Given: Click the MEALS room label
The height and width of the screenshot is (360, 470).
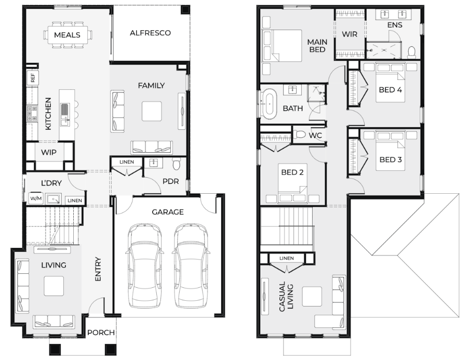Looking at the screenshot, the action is point(67,35).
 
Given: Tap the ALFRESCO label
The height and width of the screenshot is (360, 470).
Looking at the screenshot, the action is point(150,33).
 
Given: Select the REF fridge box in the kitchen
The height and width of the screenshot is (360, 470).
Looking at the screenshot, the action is point(32,78).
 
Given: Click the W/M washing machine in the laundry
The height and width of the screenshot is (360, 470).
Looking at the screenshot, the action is point(36,198).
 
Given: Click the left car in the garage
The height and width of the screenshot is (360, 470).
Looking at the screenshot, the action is point(145,265).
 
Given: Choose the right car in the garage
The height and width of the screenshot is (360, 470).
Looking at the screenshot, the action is point(191,265).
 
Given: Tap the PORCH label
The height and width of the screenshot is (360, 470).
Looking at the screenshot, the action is point(101,332).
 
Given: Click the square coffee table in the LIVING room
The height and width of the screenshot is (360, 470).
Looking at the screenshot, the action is point(54,286).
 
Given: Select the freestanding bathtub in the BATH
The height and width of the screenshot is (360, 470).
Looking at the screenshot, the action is point(269,103).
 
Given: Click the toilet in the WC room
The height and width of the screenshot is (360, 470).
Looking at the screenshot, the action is point(299,135).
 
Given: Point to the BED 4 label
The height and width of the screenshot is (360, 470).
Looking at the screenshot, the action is point(390,90).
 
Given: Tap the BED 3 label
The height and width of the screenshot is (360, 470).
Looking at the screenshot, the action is point(391,159).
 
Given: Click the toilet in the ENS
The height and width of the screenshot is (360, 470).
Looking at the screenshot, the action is point(411,52).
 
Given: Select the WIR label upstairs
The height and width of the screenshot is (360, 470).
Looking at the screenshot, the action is point(350,34).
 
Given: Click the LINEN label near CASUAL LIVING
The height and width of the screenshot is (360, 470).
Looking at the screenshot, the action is point(287,258).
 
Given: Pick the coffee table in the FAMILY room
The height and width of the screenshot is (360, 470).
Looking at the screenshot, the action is point(152,111).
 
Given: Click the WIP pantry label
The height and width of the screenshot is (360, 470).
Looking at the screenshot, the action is point(49,152).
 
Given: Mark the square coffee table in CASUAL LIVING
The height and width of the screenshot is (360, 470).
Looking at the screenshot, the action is point(312,297).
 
